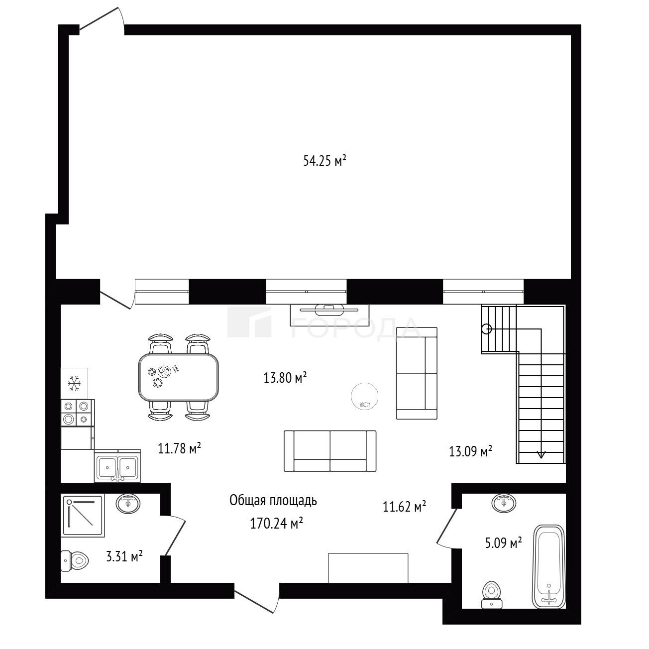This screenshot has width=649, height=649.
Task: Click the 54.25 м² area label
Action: click(x=324, y=161)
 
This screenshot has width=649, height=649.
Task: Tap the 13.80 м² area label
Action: click(x=285, y=378)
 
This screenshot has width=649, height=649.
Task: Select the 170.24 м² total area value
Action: click(x=277, y=524)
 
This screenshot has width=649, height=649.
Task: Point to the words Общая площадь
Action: click(x=273, y=501)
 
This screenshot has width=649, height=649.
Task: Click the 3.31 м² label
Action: click(x=124, y=556)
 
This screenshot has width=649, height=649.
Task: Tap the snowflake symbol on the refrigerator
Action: click(x=74, y=384)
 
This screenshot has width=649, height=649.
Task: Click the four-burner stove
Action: click(x=78, y=413)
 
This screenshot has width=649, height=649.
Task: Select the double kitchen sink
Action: click(x=117, y=466)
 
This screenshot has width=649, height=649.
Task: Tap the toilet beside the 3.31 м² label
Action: click(x=75, y=561)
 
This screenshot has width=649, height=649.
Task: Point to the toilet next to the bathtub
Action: click(x=492, y=594)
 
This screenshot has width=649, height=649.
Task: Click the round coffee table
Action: click(x=364, y=396)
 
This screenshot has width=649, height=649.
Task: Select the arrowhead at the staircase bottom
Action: click(x=541, y=454)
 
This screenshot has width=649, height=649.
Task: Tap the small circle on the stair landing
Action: click(x=487, y=328)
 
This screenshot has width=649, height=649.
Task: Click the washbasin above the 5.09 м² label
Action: click(x=504, y=504)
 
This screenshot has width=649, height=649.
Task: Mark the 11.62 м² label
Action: click(x=404, y=506)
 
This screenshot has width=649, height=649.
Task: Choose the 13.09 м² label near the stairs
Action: click(x=470, y=451)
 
